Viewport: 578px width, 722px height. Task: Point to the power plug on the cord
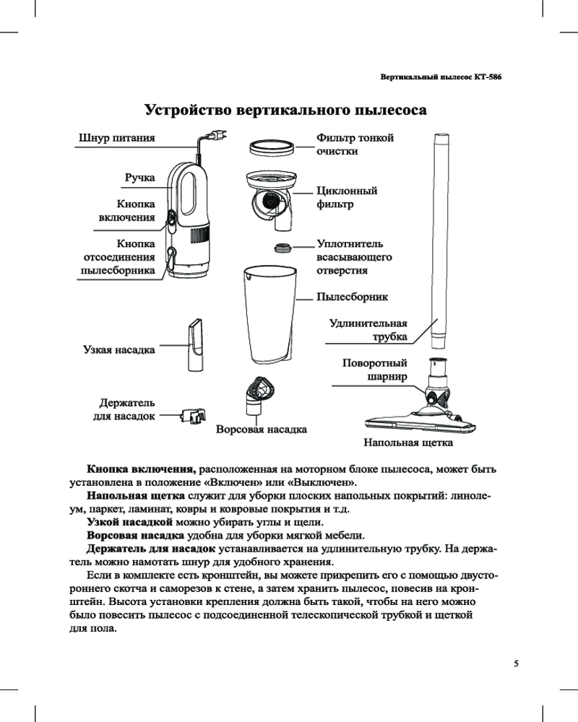[x=215, y=135]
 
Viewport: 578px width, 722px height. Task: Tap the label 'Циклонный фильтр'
[x=347, y=197]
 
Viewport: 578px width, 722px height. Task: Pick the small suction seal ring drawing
[x=282, y=248]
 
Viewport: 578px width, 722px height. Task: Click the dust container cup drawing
[x=268, y=314]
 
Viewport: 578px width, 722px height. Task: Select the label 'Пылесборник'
[x=352, y=297]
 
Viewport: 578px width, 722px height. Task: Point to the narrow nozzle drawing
[x=195, y=344]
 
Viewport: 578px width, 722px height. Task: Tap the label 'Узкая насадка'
[x=119, y=350]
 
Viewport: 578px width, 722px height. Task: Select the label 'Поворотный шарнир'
[x=374, y=370]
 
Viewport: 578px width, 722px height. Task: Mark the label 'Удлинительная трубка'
[x=368, y=329]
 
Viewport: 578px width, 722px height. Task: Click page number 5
[x=516, y=663]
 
